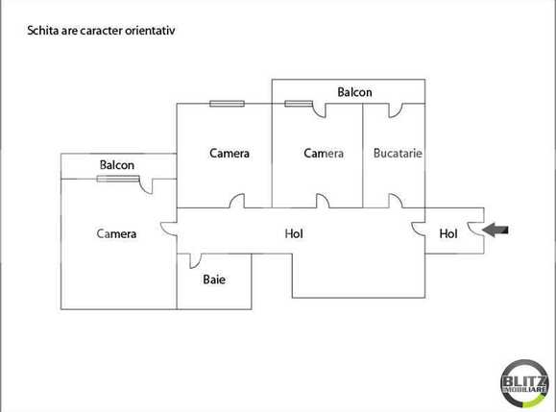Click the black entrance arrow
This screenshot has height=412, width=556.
click(x=497, y=230)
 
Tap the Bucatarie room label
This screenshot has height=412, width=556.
click(x=398, y=153)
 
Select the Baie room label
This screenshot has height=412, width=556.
click(x=213, y=280)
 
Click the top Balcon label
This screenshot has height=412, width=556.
click(x=354, y=92)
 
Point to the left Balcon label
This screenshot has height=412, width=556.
click(x=117, y=165)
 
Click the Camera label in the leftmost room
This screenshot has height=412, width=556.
click(x=116, y=233)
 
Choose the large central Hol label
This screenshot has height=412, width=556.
click(x=295, y=232)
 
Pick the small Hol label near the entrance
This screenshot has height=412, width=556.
click(x=448, y=232)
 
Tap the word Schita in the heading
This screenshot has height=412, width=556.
click(x=43, y=31)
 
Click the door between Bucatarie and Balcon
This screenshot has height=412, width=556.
click(x=395, y=109)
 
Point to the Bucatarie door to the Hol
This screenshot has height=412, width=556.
click(x=395, y=201)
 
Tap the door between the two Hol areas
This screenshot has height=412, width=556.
click(x=418, y=230)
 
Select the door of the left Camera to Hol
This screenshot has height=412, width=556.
click(x=169, y=230)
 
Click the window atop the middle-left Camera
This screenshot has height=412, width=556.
click(x=227, y=103)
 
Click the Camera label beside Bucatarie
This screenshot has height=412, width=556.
click(x=324, y=153)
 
